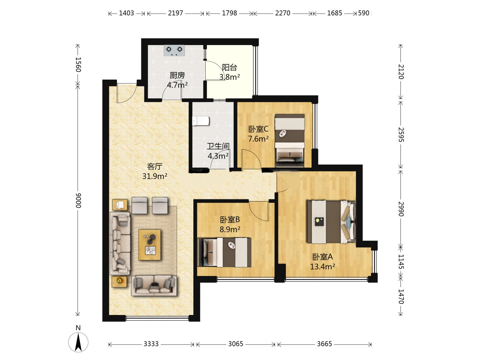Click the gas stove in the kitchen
174,51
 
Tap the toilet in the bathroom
201,121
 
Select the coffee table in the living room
150,245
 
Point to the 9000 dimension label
78,200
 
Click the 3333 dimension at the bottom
151,344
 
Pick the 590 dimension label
363,13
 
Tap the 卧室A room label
322,257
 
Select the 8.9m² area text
230,229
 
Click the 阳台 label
229,67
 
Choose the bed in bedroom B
224,252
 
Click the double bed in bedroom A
331,222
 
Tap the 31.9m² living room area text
155,176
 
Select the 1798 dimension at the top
229,13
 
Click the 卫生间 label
218,146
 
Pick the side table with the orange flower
119,282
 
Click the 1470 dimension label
401,297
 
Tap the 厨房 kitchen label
177,75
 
